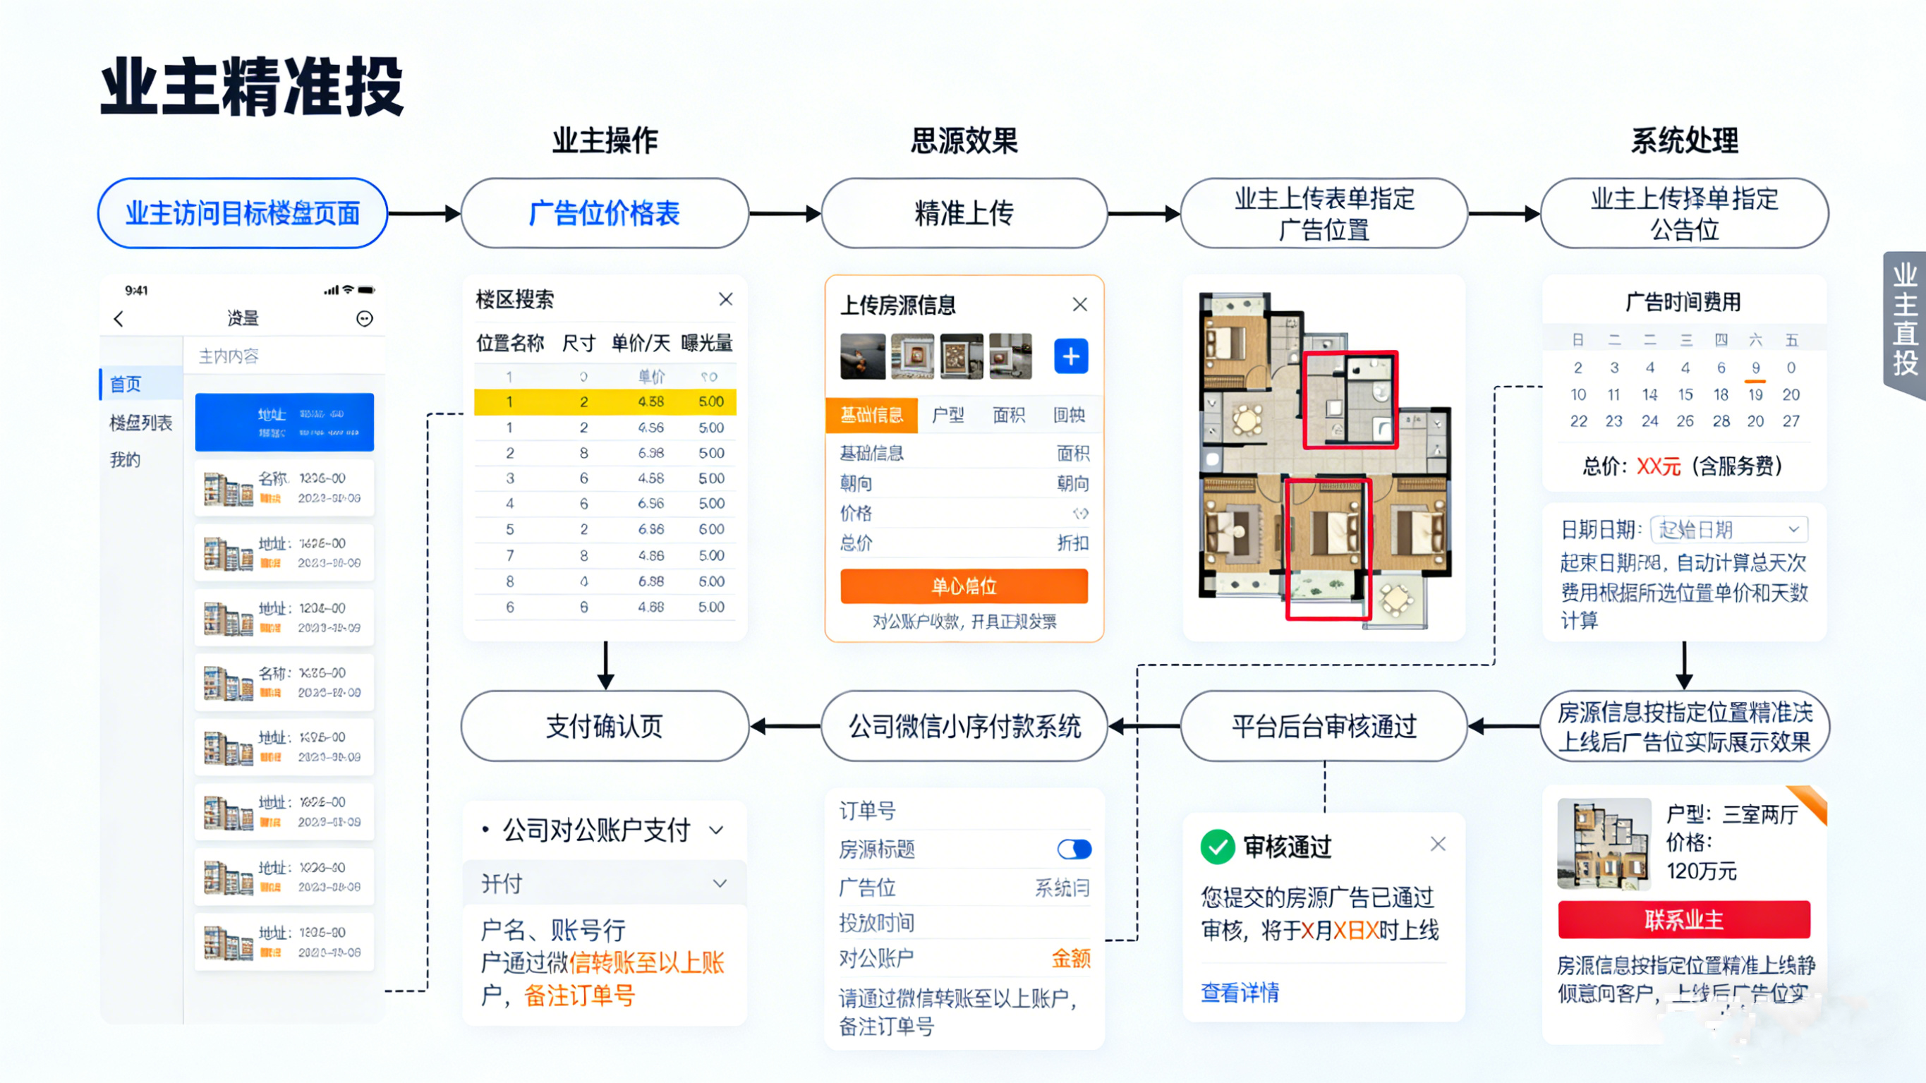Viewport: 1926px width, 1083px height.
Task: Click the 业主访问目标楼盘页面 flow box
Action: pos(242,213)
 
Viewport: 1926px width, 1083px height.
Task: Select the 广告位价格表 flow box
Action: pos(604,213)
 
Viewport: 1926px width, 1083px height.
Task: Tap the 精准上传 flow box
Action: pos(964,213)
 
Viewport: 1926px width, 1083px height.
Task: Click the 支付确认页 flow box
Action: pos(604,726)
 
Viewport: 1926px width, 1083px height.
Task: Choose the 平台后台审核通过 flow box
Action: pos(1324,726)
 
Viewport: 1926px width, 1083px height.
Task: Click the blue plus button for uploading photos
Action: pos(1071,356)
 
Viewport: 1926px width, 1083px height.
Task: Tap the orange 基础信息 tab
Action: pos(871,415)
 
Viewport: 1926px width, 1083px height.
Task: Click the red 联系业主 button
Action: pos(1684,919)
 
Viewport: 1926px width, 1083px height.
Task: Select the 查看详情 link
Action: pos(1240,993)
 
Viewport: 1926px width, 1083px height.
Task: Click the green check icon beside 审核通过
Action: pos(1217,847)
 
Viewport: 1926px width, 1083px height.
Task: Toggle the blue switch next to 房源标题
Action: pos(1074,849)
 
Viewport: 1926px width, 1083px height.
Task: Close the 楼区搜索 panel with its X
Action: pos(725,299)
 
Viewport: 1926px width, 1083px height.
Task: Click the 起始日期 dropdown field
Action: pos(1728,530)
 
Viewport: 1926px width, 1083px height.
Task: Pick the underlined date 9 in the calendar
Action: pos(1755,368)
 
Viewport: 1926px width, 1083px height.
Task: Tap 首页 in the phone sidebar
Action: pos(126,385)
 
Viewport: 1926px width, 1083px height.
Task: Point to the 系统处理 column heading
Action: pos(1684,140)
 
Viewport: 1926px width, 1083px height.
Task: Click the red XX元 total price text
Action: pos(1659,466)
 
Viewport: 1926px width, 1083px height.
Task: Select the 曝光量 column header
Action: pos(706,344)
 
